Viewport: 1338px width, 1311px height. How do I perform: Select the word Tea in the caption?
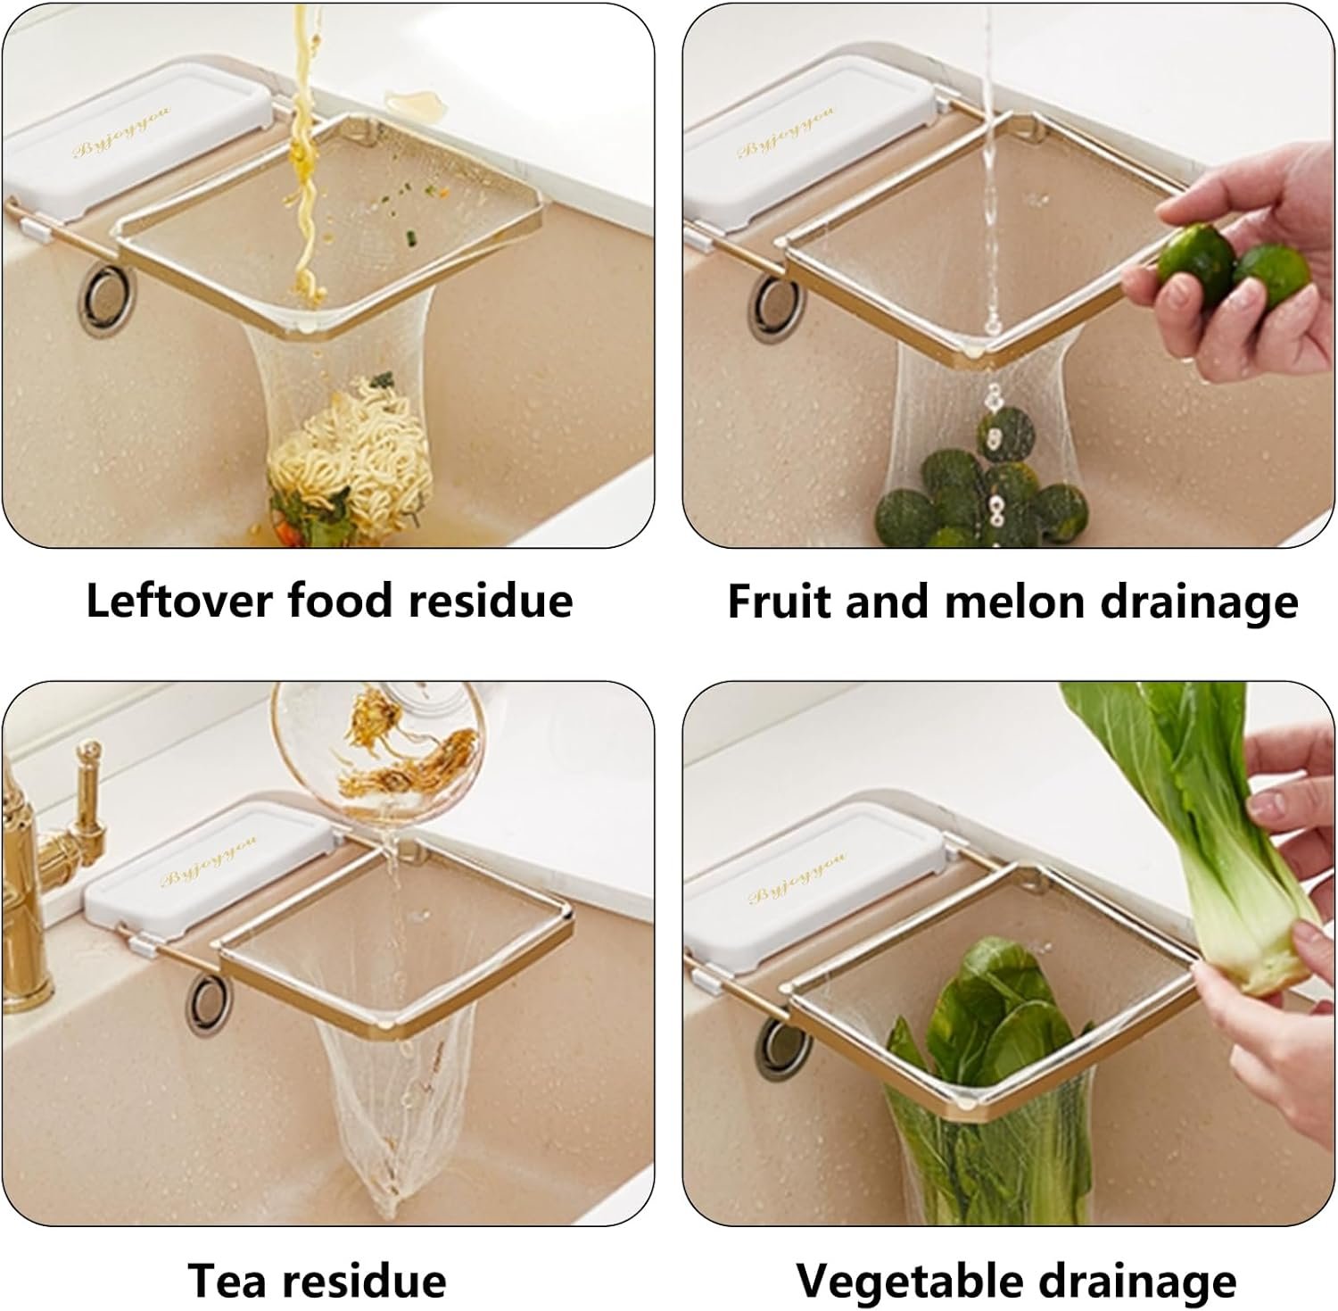(x=227, y=1281)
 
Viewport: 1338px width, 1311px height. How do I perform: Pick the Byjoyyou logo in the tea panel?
(x=208, y=863)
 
